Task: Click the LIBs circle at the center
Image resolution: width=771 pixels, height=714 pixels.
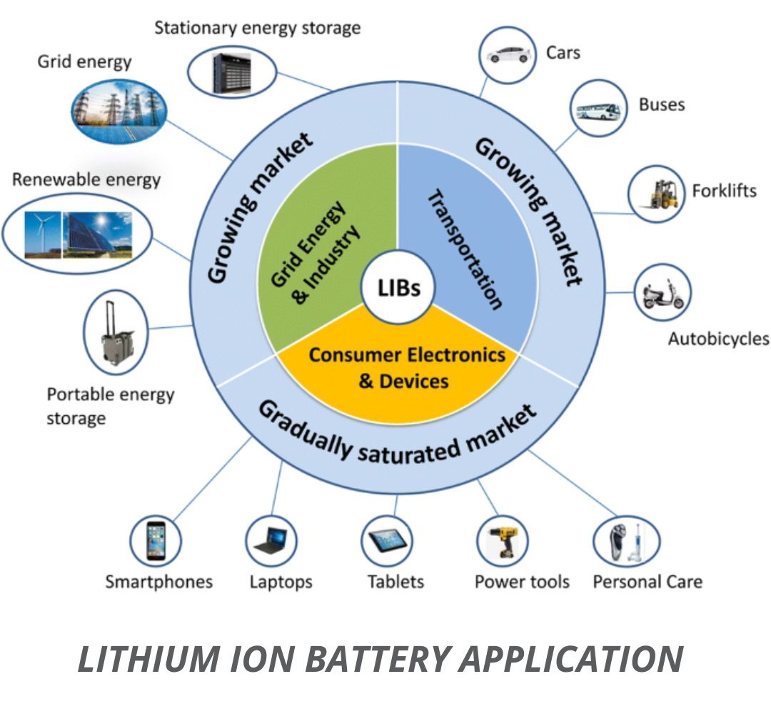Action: tap(398, 287)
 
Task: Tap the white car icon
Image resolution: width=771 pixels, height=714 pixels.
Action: tap(509, 54)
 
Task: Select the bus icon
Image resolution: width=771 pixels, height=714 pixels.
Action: tap(598, 110)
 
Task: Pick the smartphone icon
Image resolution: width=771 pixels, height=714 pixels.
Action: tap(156, 540)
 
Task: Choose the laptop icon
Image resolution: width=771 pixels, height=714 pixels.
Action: tap(271, 540)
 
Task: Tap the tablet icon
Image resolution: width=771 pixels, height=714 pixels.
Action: tap(387, 540)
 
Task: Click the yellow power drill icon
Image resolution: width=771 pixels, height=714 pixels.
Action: tap(503, 542)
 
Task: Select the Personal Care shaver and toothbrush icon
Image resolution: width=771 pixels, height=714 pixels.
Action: tap(626, 541)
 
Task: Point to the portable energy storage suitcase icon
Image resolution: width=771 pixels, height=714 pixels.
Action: tap(116, 333)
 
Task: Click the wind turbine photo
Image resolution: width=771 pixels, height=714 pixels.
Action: tap(43, 234)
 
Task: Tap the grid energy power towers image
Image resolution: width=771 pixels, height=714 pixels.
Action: tap(119, 111)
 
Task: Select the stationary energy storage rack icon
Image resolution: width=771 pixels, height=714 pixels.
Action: tap(231, 72)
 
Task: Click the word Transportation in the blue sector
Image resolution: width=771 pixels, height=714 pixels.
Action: tap(465, 249)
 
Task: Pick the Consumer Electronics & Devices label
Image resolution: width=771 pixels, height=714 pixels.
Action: tap(407, 368)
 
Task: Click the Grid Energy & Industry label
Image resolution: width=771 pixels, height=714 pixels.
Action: tap(315, 252)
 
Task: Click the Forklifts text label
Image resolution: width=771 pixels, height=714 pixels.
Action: tap(725, 191)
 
